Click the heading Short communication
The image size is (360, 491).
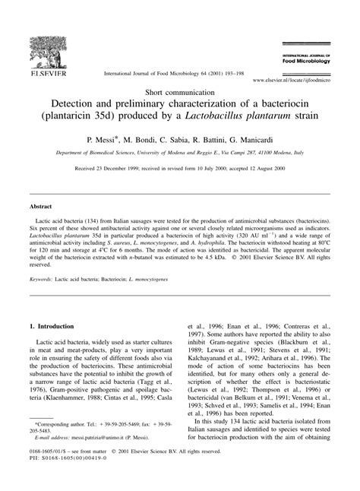coord(179,89)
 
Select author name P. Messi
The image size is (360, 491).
coord(109,141)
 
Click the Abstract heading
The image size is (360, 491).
coord(40,206)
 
